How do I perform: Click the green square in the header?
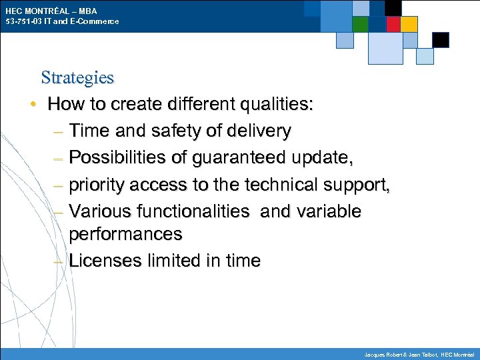(x=360, y=25)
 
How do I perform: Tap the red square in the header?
(x=393, y=25)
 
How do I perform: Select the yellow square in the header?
(x=409, y=25)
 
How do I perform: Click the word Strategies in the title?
(x=77, y=77)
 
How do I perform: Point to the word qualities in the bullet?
(x=275, y=104)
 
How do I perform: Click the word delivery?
(x=259, y=131)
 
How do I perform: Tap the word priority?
(x=98, y=185)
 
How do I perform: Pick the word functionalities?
(x=193, y=211)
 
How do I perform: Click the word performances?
(x=125, y=234)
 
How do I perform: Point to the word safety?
(x=176, y=131)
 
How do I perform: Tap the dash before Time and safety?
(x=58, y=131)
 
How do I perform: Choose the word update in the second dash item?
(x=327, y=158)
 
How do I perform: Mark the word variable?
(x=328, y=211)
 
